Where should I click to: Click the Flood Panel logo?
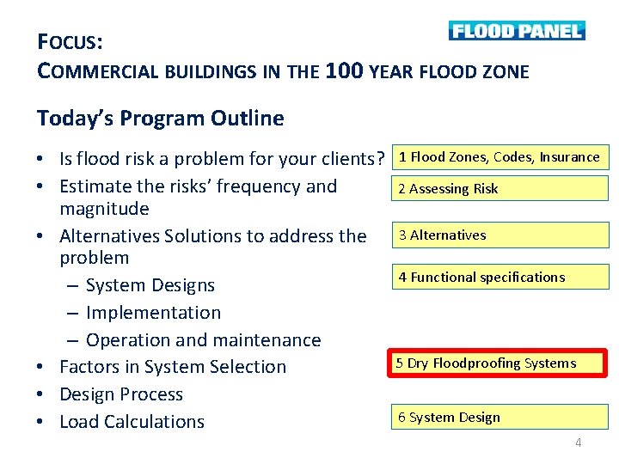pos(516,31)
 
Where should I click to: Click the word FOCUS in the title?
pos(70,41)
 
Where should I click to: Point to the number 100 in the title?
pos(345,71)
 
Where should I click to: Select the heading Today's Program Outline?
pos(160,118)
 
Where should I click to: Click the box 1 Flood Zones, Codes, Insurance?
pos(499,157)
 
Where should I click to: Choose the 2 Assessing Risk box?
pos(499,188)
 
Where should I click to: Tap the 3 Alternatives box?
pos(499,235)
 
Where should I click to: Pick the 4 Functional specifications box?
pos(499,277)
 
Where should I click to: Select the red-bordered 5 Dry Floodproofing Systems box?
pos(499,363)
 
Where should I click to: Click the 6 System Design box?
pos(499,418)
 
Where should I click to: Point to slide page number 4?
pos(578,443)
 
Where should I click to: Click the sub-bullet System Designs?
pos(150,285)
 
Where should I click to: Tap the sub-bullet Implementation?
pos(153,313)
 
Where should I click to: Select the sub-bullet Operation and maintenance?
pos(203,340)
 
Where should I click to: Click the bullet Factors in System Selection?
pos(172,367)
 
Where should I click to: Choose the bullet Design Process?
pos(120,394)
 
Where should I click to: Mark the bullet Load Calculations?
pos(132,422)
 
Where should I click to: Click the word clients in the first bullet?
pos(347,159)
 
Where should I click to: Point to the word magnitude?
pos(104,209)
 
